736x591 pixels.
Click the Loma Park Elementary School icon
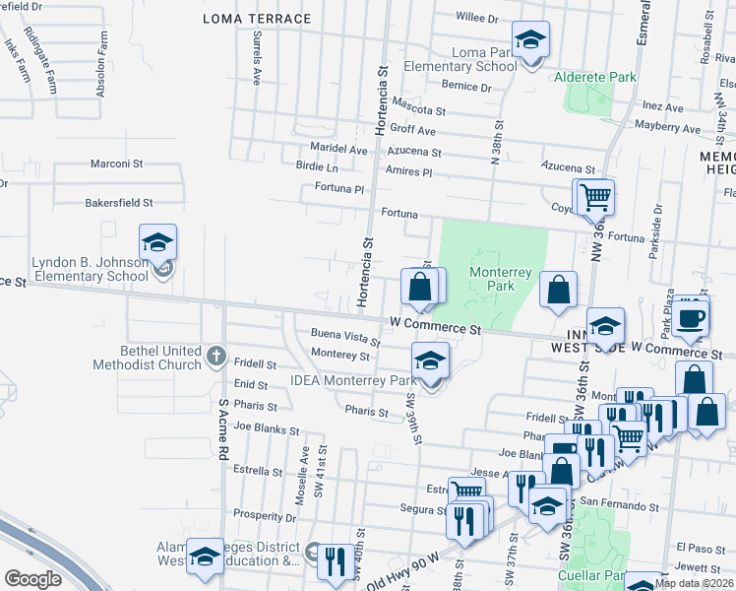click(x=530, y=41)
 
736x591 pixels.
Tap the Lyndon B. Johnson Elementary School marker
click(x=156, y=242)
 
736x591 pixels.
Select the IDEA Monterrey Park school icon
click(x=430, y=361)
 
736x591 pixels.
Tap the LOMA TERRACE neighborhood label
click(x=257, y=19)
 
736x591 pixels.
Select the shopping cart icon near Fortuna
click(x=595, y=197)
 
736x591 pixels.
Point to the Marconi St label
click(x=117, y=164)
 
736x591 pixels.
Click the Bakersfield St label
click(x=118, y=203)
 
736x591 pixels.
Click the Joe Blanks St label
click(x=261, y=428)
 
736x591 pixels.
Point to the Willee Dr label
click(x=479, y=17)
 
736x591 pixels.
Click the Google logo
click(x=32, y=579)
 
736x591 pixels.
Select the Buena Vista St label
click(x=345, y=338)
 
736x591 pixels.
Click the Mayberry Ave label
click(x=666, y=128)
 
